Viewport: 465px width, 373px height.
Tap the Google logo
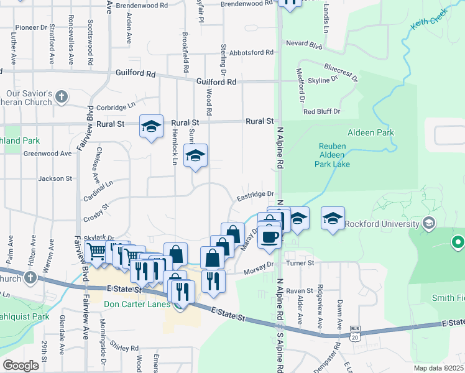[x=21, y=366]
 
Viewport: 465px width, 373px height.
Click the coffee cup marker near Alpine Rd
[x=269, y=236]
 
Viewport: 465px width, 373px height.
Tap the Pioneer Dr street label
[x=32, y=27]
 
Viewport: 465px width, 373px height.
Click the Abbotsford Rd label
[x=251, y=53]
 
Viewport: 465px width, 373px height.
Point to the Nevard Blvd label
[x=304, y=45]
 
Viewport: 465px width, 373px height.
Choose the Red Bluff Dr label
[x=322, y=111]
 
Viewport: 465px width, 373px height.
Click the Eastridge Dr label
[x=255, y=196]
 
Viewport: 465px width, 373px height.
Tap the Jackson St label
[x=55, y=178]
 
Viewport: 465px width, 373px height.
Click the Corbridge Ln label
[x=115, y=107]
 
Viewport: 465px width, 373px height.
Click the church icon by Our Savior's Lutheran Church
[x=61, y=96]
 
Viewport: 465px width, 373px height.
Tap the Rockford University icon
[x=428, y=223]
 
